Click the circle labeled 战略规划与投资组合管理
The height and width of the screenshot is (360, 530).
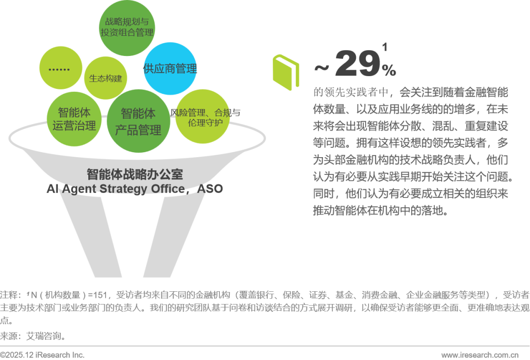point(127,27)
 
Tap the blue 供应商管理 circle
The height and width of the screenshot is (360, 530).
point(170,69)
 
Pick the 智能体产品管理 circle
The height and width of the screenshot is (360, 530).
point(138,121)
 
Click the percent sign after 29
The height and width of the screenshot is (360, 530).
point(389,71)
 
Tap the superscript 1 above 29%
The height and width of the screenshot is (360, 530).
point(384,48)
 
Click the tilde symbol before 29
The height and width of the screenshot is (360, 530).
point(321,68)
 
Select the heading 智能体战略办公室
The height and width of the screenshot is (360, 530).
point(134,174)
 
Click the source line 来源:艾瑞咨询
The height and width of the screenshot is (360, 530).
point(32,336)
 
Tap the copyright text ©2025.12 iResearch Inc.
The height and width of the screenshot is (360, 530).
point(42,355)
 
